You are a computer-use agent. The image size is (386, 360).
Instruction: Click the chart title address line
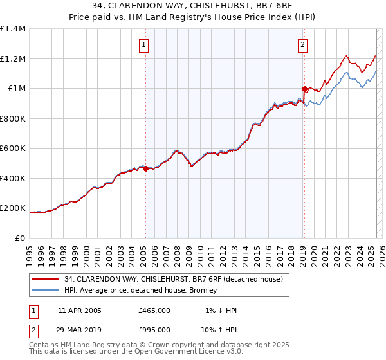pos(193,7)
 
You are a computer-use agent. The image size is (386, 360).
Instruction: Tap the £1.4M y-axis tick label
pos(13,29)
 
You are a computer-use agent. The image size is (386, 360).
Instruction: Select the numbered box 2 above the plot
pos(302,45)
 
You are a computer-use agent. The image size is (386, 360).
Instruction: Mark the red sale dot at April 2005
pos(146,169)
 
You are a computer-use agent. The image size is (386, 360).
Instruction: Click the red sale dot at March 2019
pos(304,89)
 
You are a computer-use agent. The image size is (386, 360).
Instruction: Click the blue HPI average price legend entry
pos(141,291)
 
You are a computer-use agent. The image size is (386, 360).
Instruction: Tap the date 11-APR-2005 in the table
pos(80,310)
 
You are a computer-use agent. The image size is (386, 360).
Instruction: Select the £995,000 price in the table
pos(154,330)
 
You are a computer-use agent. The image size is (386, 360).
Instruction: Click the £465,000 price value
pos(154,310)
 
